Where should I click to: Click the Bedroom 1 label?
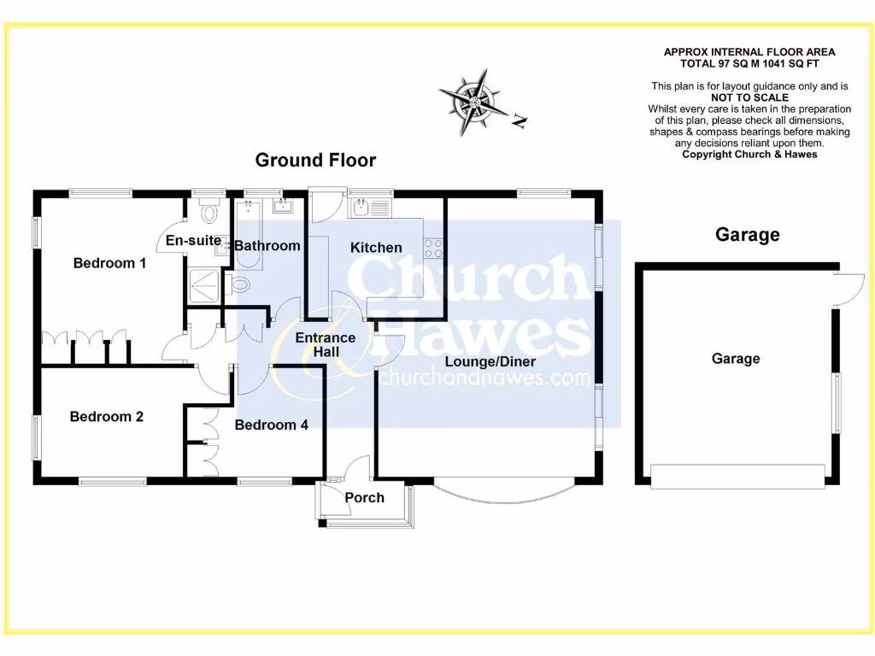109,263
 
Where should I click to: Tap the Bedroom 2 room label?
106,417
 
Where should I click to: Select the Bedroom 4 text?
272,425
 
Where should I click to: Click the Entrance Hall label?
325,345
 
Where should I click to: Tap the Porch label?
364,498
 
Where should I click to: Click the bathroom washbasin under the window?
282,206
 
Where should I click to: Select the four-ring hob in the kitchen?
433,247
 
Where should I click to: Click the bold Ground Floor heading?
315,160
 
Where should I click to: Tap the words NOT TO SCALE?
749,97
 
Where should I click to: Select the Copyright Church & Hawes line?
749,155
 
